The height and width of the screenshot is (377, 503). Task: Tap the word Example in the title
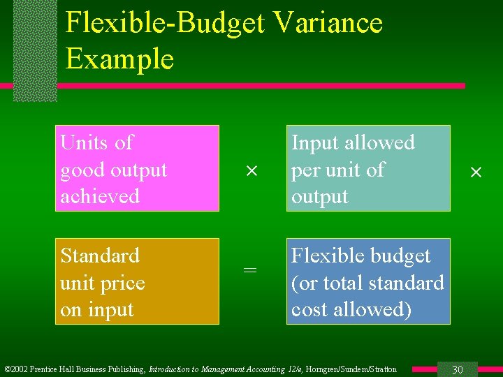coord(119,59)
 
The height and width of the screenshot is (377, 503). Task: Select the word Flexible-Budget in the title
coord(165,23)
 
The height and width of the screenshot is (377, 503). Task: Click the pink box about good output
coord(138,168)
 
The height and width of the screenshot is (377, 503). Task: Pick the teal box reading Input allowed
coord(368,168)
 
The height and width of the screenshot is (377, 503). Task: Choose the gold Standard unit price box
coord(138,281)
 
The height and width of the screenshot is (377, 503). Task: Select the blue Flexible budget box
coord(368,281)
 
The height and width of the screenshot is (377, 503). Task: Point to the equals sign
coord(250,270)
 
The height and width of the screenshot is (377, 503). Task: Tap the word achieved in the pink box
coord(100,196)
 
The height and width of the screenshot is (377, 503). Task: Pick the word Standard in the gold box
coord(100,256)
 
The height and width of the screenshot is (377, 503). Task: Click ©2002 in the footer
coord(17,369)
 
